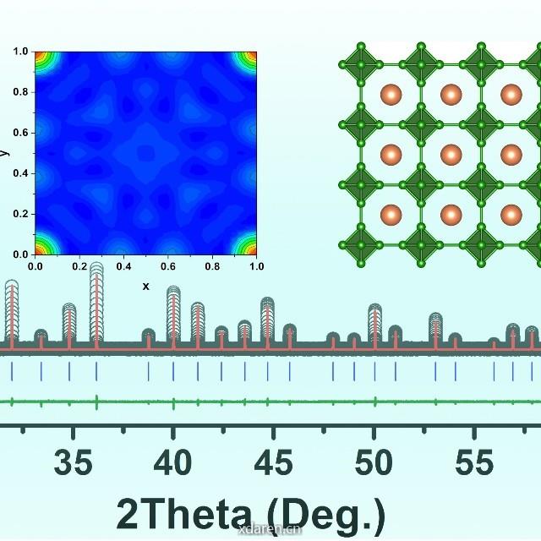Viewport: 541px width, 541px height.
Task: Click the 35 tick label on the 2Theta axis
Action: (x=73, y=463)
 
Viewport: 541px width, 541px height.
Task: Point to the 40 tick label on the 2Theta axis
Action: (x=173, y=463)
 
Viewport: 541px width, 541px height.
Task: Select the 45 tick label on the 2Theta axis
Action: (x=274, y=463)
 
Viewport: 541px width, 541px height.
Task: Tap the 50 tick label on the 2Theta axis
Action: (x=374, y=463)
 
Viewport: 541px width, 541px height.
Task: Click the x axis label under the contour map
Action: (x=145, y=287)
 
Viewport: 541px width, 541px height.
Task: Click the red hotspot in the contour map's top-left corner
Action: (x=39, y=55)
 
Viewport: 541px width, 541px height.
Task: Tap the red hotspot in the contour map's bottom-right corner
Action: (x=253, y=250)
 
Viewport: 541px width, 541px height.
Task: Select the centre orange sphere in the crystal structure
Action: (x=451, y=155)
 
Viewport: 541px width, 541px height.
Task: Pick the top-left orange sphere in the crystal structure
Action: (x=391, y=95)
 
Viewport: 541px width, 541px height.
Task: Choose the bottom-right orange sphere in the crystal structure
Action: (x=511, y=215)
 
